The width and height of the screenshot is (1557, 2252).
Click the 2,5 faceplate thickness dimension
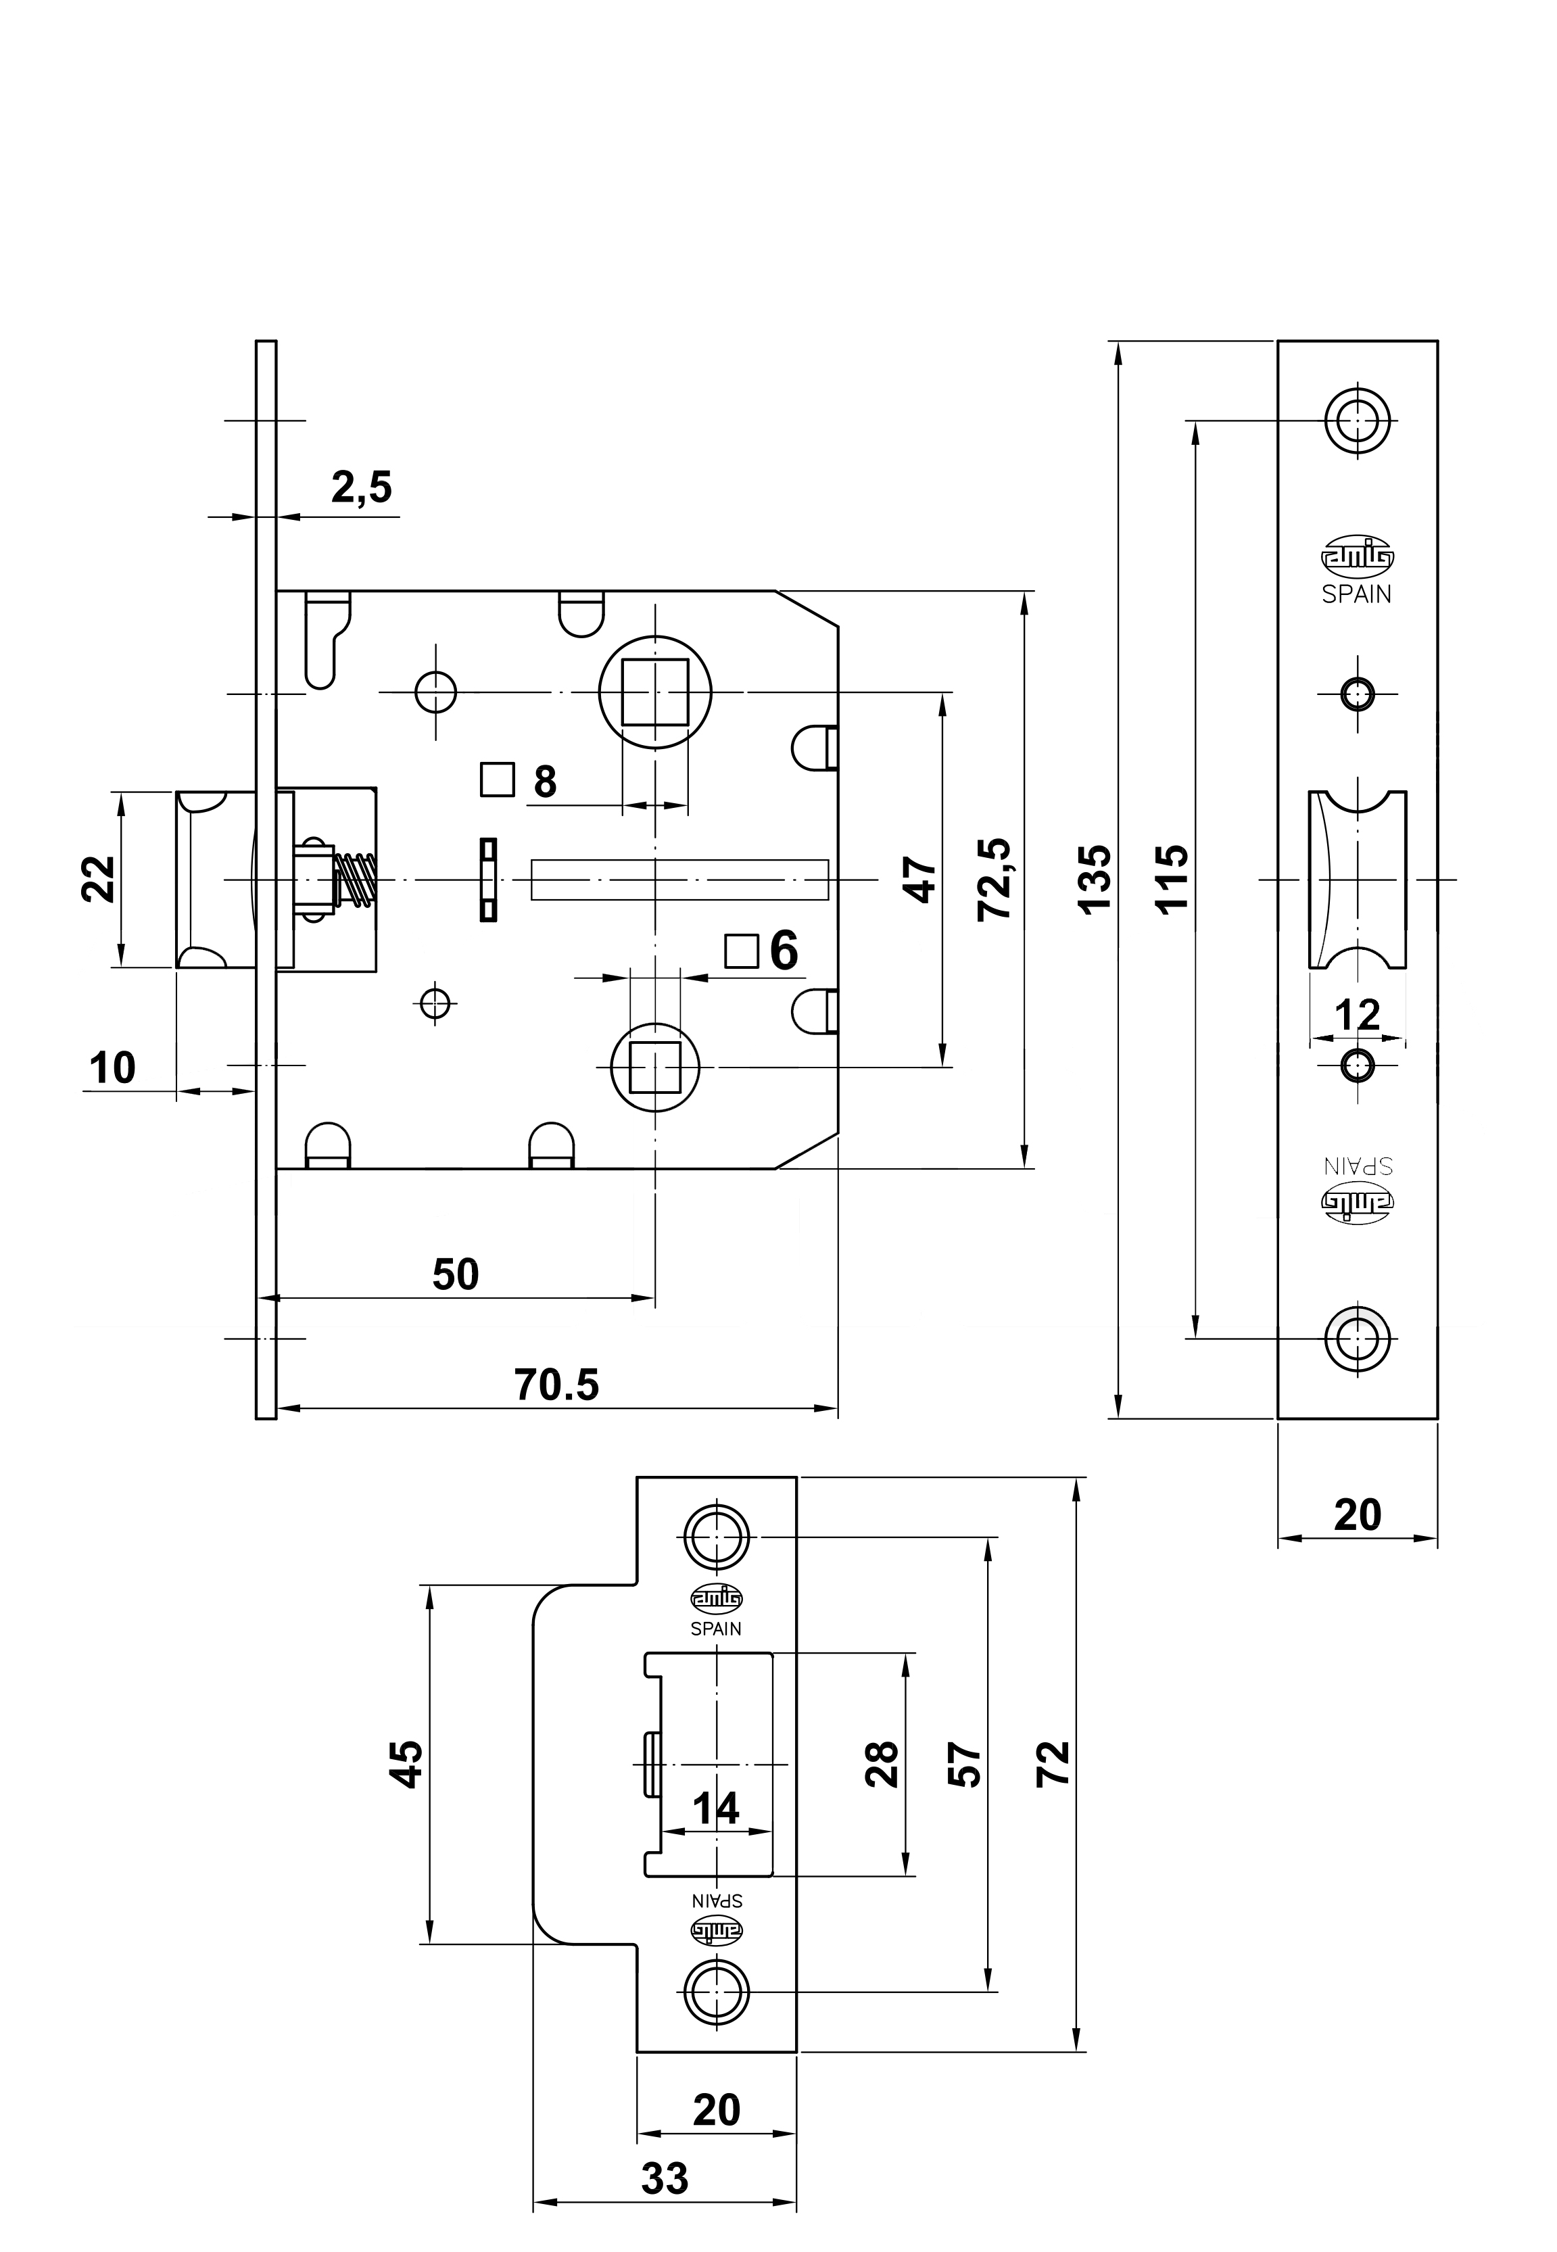(x=361, y=487)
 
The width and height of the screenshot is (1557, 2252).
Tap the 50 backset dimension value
(x=456, y=1274)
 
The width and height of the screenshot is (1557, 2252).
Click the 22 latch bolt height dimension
(x=99, y=879)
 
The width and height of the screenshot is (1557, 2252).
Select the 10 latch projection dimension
(x=112, y=1068)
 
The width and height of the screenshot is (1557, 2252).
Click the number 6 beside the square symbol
(x=784, y=951)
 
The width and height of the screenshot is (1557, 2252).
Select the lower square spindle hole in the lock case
(x=656, y=1066)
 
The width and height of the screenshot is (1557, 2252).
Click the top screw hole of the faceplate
(x=1357, y=423)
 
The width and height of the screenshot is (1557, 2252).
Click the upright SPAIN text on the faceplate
(x=1357, y=594)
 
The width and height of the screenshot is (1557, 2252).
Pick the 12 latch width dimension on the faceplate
(x=1357, y=1016)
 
